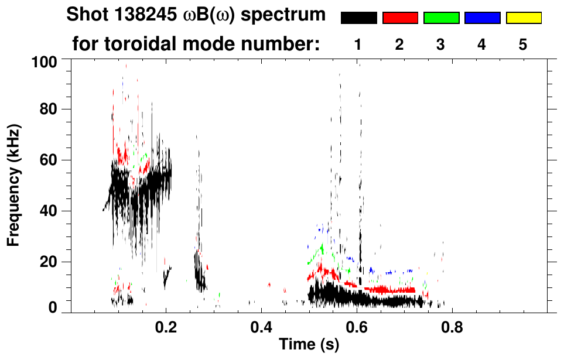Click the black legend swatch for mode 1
358,18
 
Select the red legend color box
400,18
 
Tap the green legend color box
441,18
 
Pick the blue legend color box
482,18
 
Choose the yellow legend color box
523,18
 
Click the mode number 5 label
523,45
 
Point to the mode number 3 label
441,45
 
